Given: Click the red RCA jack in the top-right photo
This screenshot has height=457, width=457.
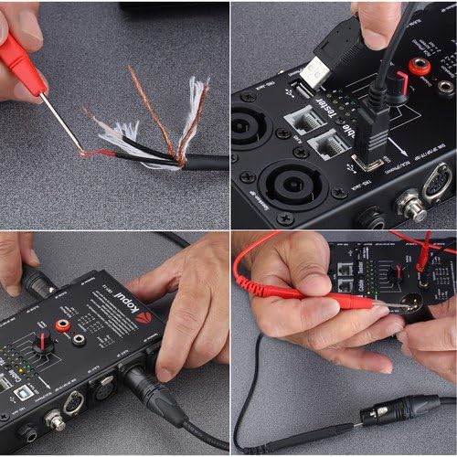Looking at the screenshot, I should tap(423, 66).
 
